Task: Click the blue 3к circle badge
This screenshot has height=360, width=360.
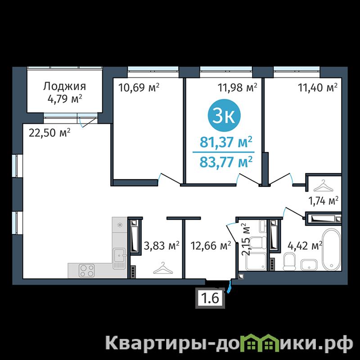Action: coord(224,116)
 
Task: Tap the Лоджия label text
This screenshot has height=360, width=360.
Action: coord(64,86)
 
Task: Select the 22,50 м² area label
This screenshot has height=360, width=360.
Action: coord(49,133)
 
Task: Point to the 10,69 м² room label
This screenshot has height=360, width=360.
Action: coord(139,87)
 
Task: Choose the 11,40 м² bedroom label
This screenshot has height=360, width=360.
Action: coord(318,87)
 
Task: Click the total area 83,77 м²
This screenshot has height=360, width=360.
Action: coord(226,162)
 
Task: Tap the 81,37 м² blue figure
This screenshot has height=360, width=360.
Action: coord(226,142)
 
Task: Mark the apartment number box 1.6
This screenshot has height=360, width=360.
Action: coord(210,298)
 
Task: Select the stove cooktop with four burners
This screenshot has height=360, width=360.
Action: coord(87,270)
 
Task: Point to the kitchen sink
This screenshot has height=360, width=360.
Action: coord(119,258)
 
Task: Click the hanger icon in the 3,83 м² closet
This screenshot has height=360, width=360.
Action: coord(163,268)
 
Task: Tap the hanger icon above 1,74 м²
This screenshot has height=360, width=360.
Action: coord(323,185)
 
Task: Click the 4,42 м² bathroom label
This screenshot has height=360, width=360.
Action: coord(305,246)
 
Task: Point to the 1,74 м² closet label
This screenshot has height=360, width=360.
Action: coord(323,201)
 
